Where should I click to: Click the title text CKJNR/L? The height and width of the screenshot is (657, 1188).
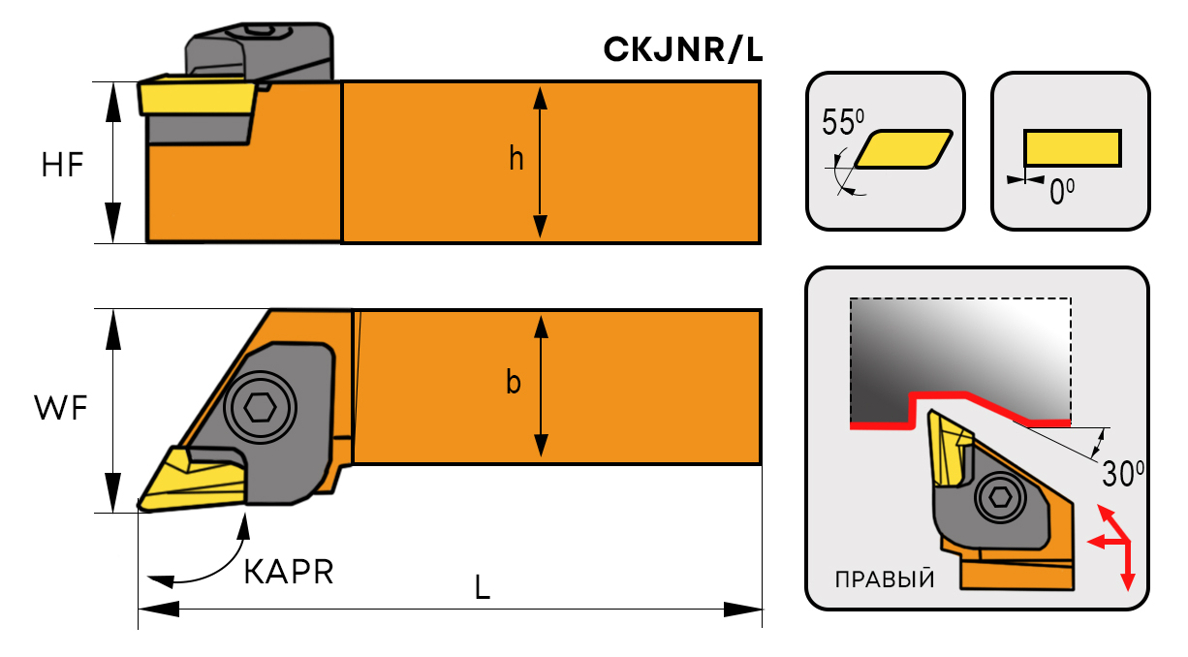coord(682,49)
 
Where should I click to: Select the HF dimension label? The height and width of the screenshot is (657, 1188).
coord(63,166)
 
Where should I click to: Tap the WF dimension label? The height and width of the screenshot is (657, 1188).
coord(61,410)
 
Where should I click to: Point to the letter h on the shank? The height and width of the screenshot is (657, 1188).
coord(516,159)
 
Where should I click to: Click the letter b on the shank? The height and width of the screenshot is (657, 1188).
coord(514,384)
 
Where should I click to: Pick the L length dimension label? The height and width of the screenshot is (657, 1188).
coord(482,587)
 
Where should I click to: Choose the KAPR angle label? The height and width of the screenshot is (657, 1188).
coord(288,573)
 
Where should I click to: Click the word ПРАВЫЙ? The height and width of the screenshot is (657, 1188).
coord(885,581)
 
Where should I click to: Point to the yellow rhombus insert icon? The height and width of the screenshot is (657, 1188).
coord(904,149)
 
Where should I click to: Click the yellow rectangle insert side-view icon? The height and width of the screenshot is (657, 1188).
coord(1073,148)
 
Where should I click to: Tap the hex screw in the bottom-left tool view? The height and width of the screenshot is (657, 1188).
coord(259,409)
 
